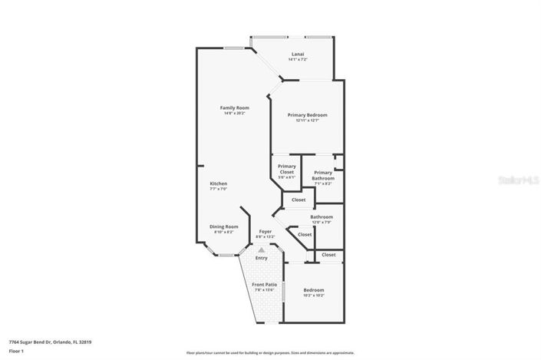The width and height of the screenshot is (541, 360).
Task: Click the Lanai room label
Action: pyautogui.click(x=298, y=54)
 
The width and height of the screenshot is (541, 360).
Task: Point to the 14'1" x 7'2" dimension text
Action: pyautogui.click(x=298, y=60)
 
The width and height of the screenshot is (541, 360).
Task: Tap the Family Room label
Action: pyautogui.click(x=234, y=107)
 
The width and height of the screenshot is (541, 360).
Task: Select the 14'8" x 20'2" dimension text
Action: pyautogui.click(x=234, y=114)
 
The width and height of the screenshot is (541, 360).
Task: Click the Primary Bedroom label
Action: pyautogui.click(x=307, y=114)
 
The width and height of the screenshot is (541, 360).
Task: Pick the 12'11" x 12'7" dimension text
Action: pyautogui.click(x=307, y=121)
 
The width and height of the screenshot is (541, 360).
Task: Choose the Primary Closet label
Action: pyautogui.click(x=286, y=169)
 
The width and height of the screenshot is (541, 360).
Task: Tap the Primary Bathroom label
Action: pyautogui.click(x=323, y=176)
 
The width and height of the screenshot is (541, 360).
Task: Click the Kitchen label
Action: pyautogui.click(x=219, y=183)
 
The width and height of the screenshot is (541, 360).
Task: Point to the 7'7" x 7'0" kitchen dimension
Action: pyautogui.click(x=219, y=190)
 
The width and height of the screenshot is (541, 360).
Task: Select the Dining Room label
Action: pyautogui.click(x=224, y=226)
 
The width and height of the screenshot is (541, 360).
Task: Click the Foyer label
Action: pyautogui.click(x=265, y=231)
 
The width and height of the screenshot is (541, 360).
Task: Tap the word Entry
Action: pyautogui.click(x=262, y=258)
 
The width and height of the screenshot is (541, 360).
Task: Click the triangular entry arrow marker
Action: pyautogui.click(x=262, y=249)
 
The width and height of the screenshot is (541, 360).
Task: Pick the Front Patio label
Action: pyautogui.click(x=265, y=285)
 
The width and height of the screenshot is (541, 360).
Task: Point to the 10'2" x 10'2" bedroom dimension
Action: pyautogui.click(x=313, y=296)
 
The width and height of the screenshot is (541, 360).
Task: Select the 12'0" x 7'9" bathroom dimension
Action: pyautogui.click(x=321, y=223)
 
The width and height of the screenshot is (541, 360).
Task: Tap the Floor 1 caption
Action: pyautogui.click(x=17, y=350)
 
